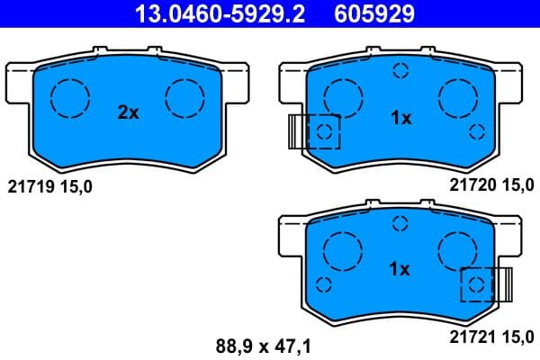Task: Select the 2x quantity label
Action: click(129, 113)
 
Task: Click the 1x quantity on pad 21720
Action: click(400, 118)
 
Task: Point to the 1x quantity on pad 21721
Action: click(400, 269)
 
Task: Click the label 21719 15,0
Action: click(49, 186)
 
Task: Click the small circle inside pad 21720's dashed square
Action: click(325, 134)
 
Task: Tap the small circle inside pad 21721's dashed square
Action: click(477, 285)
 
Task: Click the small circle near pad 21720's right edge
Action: click(477, 133)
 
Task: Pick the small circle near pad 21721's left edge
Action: click(325, 284)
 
